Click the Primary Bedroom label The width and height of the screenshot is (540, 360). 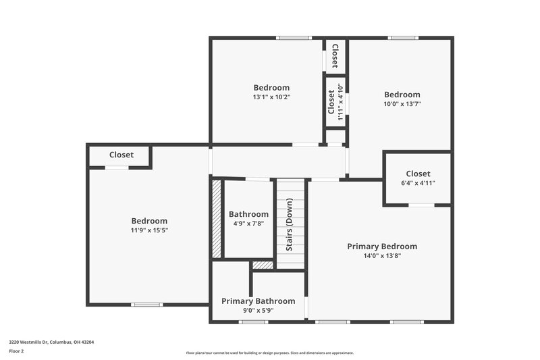[x=382, y=247]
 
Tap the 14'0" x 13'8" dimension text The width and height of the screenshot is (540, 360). [x=382, y=256]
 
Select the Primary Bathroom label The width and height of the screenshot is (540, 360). [x=259, y=301]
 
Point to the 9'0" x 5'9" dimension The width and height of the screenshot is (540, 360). [x=259, y=310]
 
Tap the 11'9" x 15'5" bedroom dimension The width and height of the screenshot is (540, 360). [x=149, y=230]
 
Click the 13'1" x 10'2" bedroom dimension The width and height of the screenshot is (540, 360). [x=271, y=97]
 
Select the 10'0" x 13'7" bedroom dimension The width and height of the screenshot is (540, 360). [x=402, y=104]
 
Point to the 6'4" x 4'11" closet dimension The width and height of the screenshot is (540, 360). [x=418, y=183]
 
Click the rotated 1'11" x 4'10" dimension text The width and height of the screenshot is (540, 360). [x=340, y=102]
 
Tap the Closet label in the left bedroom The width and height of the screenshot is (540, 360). [x=122, y=155]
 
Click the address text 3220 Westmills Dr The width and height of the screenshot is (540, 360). [x=51, y=342]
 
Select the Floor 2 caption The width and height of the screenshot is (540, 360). [x=16, y=351]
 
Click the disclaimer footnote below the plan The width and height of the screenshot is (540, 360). [x=269, y=353]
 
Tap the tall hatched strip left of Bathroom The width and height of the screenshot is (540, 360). [x=217, y=217]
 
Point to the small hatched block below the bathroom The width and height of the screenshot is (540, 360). [x=263, y=265]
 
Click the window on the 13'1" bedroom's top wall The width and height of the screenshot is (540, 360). [x=293, y=37]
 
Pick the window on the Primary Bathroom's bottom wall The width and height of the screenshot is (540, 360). [x=253, y=322]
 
